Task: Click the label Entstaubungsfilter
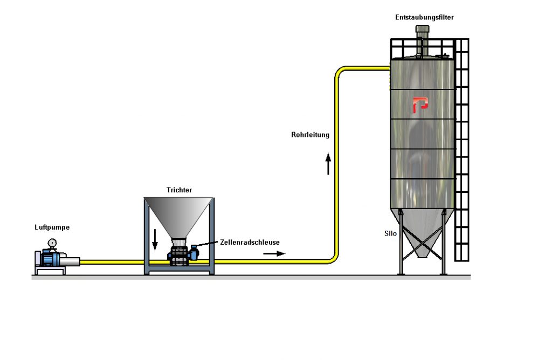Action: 424,17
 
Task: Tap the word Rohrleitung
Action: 310,135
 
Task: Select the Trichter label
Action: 180,190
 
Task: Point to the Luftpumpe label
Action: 52,227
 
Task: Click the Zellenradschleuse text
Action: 250,243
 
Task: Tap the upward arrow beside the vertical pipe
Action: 328,163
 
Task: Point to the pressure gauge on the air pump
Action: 52,243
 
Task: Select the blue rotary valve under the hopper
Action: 181,254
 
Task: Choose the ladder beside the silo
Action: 461,151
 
